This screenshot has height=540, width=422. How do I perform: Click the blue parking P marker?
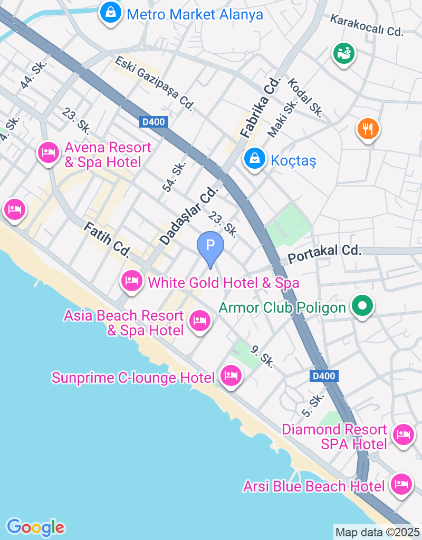pyautogui.click(x=210, y=246)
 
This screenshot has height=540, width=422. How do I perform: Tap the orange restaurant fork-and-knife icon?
pyautogui.click(x=368, y=128)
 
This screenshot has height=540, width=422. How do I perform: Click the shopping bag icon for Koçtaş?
pyautogui.click(x=255, y=158)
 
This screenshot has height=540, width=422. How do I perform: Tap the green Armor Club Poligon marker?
pyautogui.click(x=362, y=305)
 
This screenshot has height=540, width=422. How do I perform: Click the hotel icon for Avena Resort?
pyautogui.click(x=48, y=153)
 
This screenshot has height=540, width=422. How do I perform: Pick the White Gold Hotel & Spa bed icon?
pyautogui.click(x=131, y=281)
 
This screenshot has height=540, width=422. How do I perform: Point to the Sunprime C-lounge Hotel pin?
pyautogui.click(x=231, y=376)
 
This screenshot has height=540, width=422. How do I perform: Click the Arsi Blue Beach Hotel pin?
pyautogui.click(x=401, y=484)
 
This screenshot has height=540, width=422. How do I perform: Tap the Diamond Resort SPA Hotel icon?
pyautogui.click(x=404, y=435)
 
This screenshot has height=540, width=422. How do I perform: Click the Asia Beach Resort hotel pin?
pyautogui.click(x=200, y=320)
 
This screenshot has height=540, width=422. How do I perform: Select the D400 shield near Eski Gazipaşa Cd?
pyautogui.click(x=154, y=122)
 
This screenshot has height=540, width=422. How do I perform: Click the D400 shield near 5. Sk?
pyautogui.click(x=323, y=376)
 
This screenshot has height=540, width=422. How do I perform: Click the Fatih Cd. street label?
pyautogui.click(x=106, y=239)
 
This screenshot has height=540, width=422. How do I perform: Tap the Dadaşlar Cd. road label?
pyautogui.click(x=188, y=216)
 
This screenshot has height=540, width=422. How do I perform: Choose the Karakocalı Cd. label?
pyautogui.click(x=367, y=25)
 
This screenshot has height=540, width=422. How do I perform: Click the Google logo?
pyautogui.click(x=35, y=527)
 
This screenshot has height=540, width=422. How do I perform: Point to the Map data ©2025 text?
pyautogui.click(x=378, y=532)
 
